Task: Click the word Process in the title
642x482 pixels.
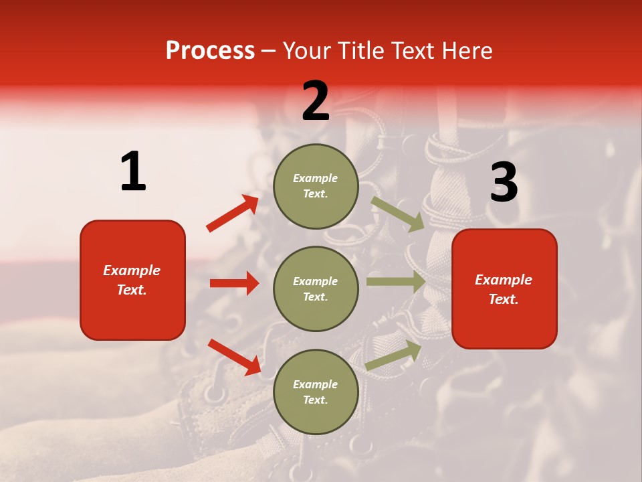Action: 210,50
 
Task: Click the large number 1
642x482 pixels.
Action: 133,172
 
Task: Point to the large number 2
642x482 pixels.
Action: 316,101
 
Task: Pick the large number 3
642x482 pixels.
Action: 504,183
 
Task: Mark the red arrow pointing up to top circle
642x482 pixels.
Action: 233,214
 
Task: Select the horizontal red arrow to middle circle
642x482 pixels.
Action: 234,283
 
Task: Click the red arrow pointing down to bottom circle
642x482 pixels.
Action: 235,356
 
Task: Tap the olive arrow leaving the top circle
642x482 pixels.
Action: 397,214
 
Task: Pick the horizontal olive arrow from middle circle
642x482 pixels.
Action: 396,282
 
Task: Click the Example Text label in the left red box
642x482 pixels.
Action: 132,280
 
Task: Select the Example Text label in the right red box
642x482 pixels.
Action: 504,289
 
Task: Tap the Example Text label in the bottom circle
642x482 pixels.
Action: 315,392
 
